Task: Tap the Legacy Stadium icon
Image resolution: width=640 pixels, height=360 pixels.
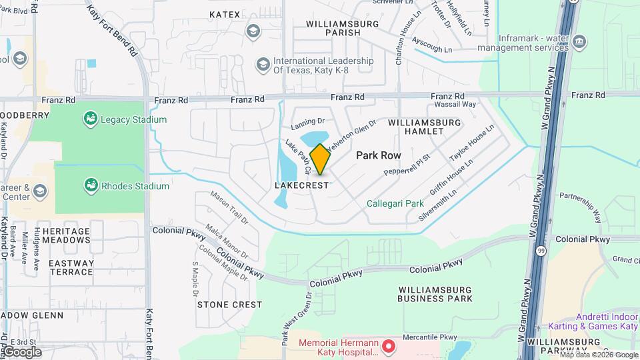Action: pyautogui.click(x=89, y=119)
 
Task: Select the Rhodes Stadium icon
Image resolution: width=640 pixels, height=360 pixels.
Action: pyautogui.click(x=89, y=186)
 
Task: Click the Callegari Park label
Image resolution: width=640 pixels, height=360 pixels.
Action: pyautogui.click(x=395, y=203)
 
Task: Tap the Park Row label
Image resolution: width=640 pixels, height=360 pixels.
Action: pyautogui.click(x=379, y=155)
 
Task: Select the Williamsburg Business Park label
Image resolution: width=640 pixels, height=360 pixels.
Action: pyautogui.click(x=434, y=294)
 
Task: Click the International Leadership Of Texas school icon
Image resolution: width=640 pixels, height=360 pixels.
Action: pyautogui.click(x=263, y=64)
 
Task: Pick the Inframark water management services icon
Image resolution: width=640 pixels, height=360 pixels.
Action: pyautogui.click(x=580, y=41)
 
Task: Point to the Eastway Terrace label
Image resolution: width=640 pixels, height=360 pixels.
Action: pyautogui.click(x=71, y=267)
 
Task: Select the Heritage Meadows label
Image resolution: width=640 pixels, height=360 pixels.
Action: pyautogui.click(x=66, y=235)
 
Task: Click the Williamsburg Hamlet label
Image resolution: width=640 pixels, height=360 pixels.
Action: pyautogui.click(x=425, y=127)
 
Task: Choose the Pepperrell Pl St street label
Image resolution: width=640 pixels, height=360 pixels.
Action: pyautogui.click(x=408, y=163)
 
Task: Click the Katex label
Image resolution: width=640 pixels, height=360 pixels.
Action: pyautogui.click(x=224, y=14)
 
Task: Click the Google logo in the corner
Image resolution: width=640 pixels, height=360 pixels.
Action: pyautogui.click(x=22, y=352)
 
